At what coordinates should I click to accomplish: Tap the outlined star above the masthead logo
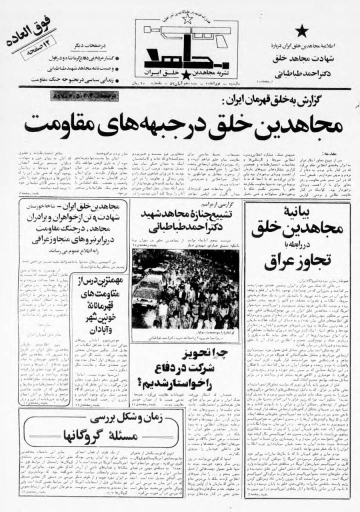tap(189, 19)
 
